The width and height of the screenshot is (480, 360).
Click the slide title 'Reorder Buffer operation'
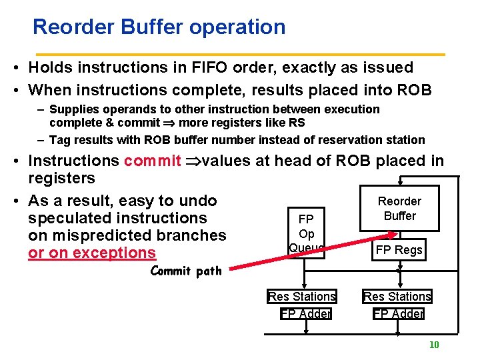point(159,27)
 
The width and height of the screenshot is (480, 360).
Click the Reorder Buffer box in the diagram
point(399,208)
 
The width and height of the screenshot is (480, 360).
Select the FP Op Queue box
point(306,233)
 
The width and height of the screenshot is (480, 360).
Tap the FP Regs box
point(399,250)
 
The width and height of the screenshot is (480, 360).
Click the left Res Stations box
point(301,296)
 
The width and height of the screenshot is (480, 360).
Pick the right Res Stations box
point(397,296)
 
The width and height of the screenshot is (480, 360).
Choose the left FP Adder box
point(305,313)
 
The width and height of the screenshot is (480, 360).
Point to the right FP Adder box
point(398,313)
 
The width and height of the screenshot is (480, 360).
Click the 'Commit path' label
point(186,271)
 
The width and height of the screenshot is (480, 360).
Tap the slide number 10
point(433,345)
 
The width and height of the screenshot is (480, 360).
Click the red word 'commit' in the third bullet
point(152,161)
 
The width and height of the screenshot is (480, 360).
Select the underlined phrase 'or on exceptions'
point(91,253)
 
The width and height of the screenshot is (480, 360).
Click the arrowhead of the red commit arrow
point(394,234)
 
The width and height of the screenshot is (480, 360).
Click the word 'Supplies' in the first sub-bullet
point(73,109)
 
